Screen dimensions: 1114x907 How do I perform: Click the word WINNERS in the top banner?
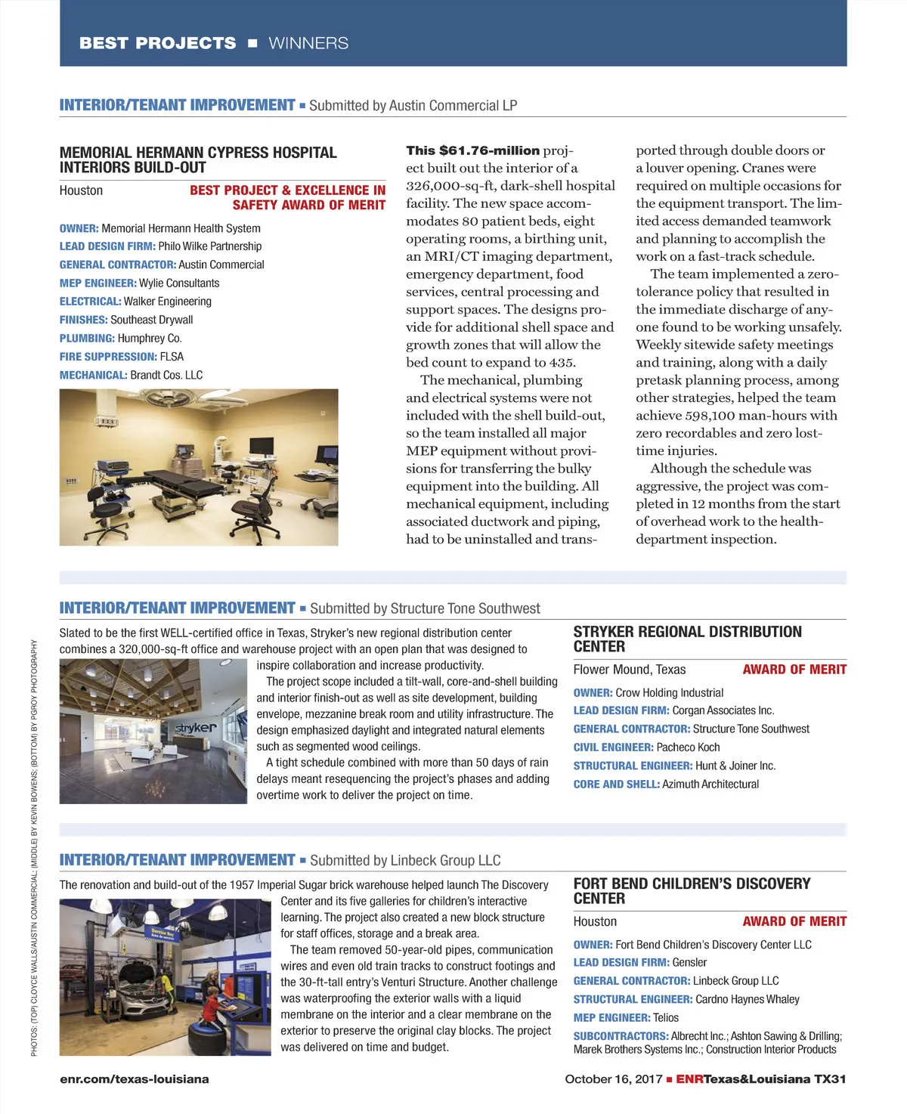(x=308, y=43)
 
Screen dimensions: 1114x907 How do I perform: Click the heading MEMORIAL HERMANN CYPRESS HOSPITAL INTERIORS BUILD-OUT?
(x=198, y=159)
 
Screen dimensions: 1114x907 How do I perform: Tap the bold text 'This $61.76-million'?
(x=473, y=150)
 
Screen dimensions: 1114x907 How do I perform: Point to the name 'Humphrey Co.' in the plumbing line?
(x=150, y=339)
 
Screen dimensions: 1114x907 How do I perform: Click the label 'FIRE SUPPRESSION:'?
(x=108, y=357)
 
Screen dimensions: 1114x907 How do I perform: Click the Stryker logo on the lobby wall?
(x=196, y=728)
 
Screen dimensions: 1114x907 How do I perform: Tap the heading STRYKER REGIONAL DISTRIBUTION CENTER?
(x=687, y=639)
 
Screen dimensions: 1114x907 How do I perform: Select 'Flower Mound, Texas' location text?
(x=630, y=670)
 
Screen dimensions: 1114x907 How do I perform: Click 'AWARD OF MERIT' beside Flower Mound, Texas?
(x=794, y=670)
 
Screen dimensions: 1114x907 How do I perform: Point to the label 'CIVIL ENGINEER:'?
(x=613, y=747)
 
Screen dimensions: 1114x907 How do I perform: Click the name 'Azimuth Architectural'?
(x=710, y=784)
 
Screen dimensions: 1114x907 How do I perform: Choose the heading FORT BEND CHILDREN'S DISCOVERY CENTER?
(x=692, y=891)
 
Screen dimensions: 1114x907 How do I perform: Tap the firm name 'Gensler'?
(x=689, y=963)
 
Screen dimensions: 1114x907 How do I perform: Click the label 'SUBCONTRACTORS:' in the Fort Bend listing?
(x=621, y=1036)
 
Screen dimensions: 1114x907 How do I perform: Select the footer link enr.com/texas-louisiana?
(x=135, y=1079)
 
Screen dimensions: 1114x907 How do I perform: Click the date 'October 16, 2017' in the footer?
(x=614, y=1079)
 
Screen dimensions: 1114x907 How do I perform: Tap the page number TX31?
(x=829, y=1079)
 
